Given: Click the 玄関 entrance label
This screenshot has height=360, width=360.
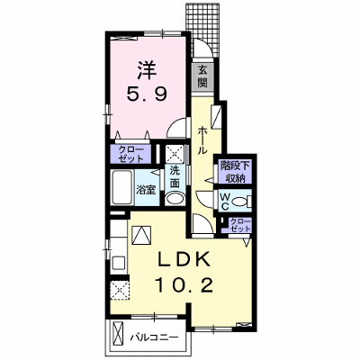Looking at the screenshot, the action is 202,76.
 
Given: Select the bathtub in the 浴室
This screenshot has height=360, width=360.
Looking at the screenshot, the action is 121,188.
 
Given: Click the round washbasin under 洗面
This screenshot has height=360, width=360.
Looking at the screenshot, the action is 175,199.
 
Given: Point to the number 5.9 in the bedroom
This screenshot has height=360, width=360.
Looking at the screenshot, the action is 147,94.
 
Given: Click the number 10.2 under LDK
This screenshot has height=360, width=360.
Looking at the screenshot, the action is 184,284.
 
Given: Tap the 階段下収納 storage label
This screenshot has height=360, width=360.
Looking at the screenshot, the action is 236,172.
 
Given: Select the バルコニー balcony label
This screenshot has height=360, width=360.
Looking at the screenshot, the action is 154,337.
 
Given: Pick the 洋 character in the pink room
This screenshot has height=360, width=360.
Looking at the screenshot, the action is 147,71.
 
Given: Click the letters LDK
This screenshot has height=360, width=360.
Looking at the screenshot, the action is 184,260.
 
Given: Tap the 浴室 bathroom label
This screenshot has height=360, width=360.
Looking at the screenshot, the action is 146,190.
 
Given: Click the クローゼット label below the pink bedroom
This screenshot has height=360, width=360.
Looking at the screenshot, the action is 130,154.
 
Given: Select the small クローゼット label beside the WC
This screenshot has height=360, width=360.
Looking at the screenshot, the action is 240,225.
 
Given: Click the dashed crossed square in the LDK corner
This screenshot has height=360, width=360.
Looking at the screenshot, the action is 120,290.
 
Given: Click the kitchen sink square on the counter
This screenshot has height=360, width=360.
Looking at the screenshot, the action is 119,264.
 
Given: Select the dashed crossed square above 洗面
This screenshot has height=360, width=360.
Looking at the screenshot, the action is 175,154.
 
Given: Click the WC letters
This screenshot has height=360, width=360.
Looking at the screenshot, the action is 225,202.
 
